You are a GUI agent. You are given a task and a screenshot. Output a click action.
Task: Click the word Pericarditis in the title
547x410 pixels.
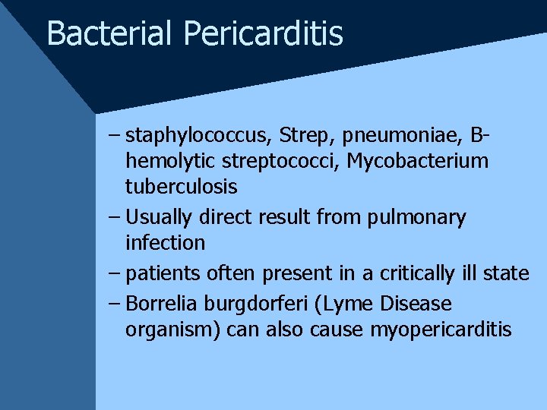tap(263, 33)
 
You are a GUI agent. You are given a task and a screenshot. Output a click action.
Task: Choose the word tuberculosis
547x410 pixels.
tap(182, 186)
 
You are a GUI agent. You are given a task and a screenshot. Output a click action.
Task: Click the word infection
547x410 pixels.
tap(166, 243)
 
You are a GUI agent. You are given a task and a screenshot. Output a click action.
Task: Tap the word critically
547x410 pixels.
tap(422, 273)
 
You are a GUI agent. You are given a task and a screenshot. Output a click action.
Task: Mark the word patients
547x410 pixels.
tap(160, 273)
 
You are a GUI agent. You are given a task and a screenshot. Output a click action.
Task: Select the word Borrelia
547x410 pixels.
tap(159, 304)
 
